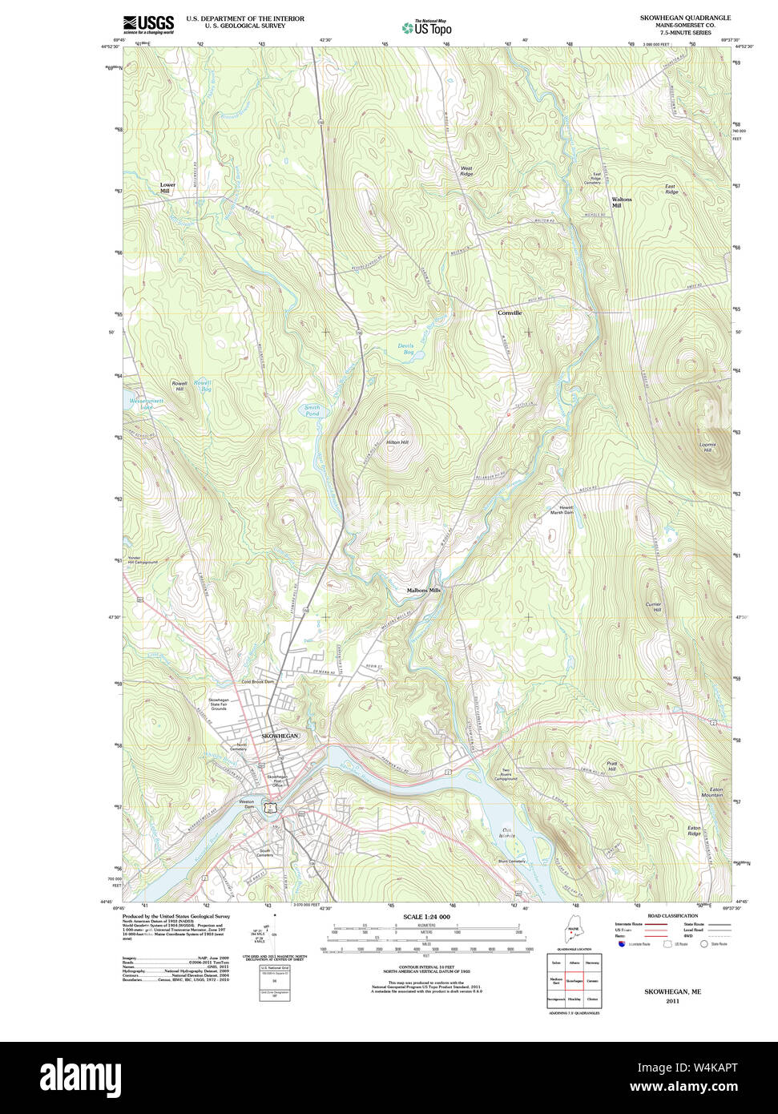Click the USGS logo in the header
click(148, 24)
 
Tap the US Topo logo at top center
click(426, 27)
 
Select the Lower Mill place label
click(167, 188)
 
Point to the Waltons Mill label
click(621, 202)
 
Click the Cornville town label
click(509, 313)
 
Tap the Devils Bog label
click(406, 349)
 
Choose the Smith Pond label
click(312, 410)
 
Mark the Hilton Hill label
click(397, 442)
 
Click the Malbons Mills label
click(423, 590)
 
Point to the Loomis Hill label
click(707, 447)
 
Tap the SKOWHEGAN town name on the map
click(280, 735)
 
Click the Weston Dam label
click(246, 804)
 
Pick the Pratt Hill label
click(612, 766)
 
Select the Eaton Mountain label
click(711, 792)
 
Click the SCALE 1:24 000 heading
click(426, 917)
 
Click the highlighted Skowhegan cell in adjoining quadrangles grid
click(574, 980)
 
